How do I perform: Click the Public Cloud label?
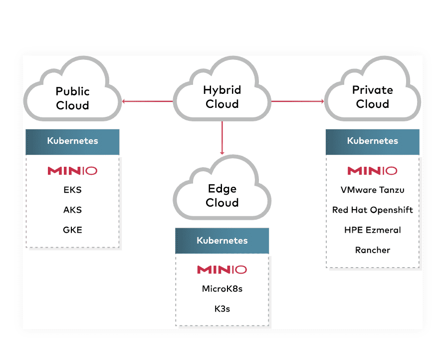tap(73, 98)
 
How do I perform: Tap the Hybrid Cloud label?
tap(222, 97)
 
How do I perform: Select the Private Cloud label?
tap(373, 97)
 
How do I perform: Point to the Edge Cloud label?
tap(222, 196)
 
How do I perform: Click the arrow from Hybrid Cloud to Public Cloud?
tap(148, 102)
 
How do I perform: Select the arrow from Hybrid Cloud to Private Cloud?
tap(297, 102)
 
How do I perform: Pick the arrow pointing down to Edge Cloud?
tap(222, 138)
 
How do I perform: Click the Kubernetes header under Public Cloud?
tap(73, 141)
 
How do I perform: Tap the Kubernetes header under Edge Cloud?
tap(222, 241)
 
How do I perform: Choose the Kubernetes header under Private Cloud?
tap(373, 141)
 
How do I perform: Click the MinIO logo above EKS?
tap(73, 171)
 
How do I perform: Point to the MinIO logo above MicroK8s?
tap(222, 270)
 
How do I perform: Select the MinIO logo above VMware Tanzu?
tap(373, 171)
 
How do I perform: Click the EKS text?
tap(73, 190)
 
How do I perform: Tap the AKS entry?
tap(73, 210)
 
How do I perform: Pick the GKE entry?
tap(73, 230)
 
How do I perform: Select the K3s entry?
tap(222, 309)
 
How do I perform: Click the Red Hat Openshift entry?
tap(373, 210)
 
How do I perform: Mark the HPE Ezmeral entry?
tap(373, 230)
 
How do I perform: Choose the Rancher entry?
tap(373, 250)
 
